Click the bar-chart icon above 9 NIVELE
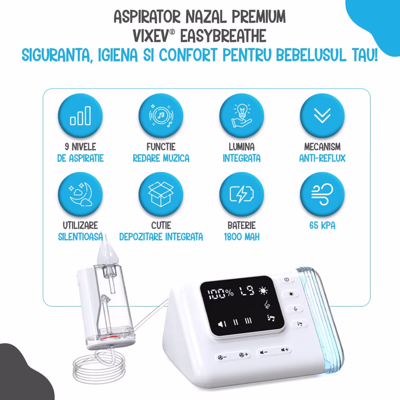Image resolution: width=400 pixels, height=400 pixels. tap(80, 116)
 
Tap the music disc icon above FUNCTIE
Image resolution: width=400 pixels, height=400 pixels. tap(161, 116)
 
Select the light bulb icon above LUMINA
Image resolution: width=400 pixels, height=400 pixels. tap(241, 116)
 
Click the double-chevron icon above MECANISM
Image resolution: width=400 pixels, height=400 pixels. tap(322, 116)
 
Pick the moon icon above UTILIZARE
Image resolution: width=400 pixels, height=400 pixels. tap(80, 194)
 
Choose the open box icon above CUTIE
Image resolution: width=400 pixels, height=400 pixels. tap(161, 194)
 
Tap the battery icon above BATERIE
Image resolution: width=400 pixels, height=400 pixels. tap(241, 194)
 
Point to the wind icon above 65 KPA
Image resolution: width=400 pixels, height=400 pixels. tap(322, 194)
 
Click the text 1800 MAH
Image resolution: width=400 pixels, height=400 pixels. tap(241, 237)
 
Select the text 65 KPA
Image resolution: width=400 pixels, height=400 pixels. tap(322, 225)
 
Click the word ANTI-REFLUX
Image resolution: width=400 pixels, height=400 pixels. tap(322, 159)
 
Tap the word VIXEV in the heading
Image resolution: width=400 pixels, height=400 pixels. tap(150, 36)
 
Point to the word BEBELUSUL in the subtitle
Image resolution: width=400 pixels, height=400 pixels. tap(311, 55)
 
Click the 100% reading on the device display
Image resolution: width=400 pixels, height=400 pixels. tap(220, 294)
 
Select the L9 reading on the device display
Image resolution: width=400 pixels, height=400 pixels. tap(247, 291)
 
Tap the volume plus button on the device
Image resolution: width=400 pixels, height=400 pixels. tap(285, 350)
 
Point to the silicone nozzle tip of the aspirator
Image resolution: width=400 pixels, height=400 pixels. tap(107, 253)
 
